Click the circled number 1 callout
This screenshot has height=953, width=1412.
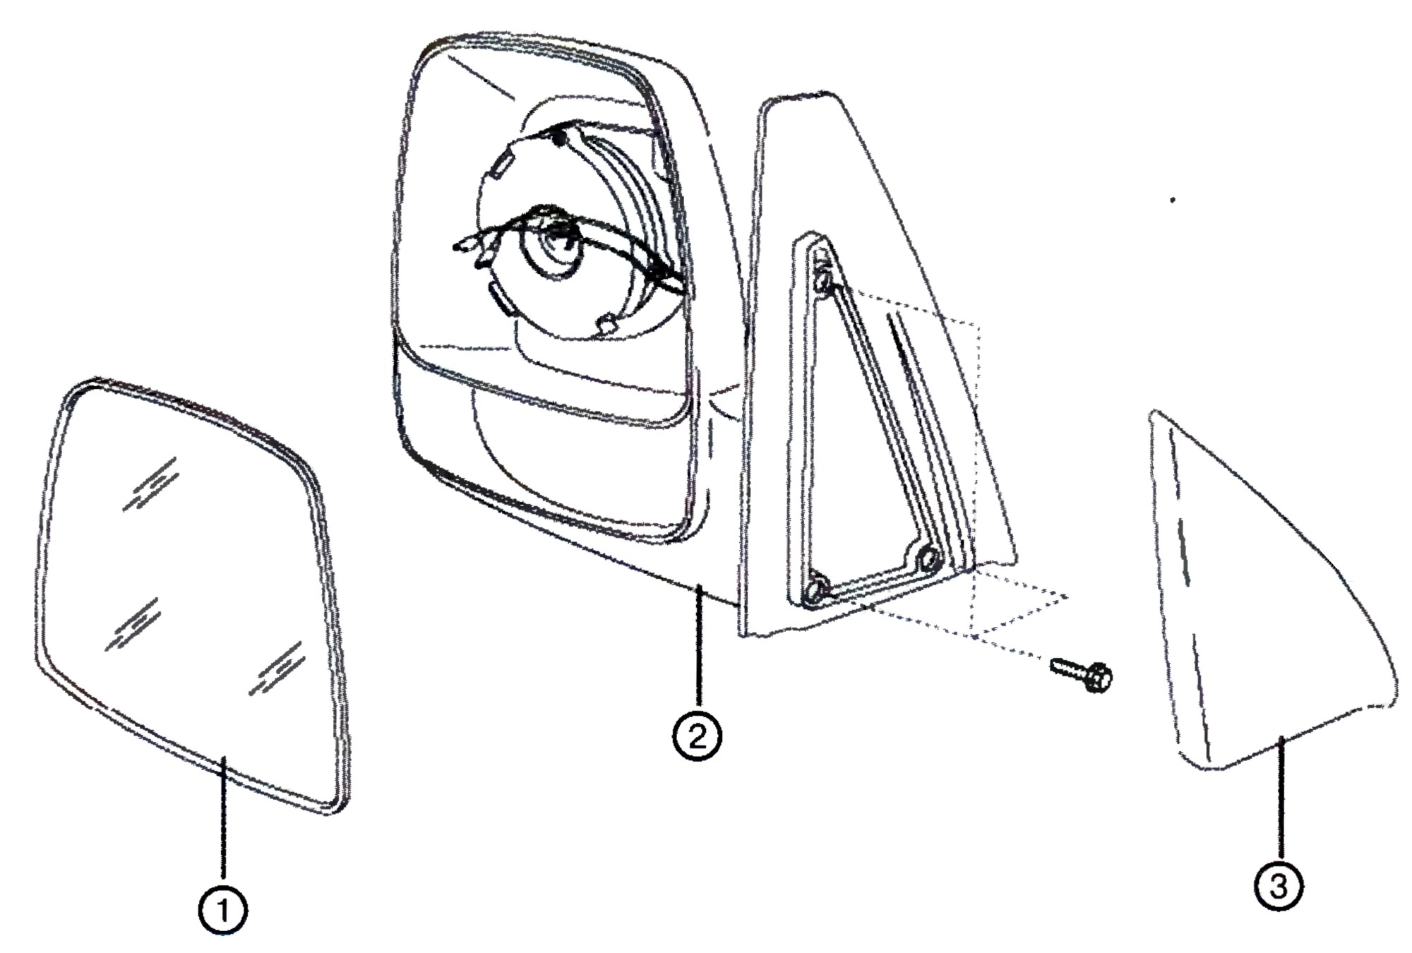click(223, 911)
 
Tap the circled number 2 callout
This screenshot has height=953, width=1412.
click(697, 737)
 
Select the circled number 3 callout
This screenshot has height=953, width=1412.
click(1279, 886)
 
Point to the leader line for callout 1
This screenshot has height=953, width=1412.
click(223, 820)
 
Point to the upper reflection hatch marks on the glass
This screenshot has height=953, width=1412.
click(150, 483)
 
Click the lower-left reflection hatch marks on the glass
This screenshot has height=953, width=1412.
click(132, 625)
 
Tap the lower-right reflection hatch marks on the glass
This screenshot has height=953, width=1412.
click(276, 669)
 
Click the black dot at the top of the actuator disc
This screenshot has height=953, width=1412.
click(559, 139)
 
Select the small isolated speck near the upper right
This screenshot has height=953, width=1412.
click(1173, 200)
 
